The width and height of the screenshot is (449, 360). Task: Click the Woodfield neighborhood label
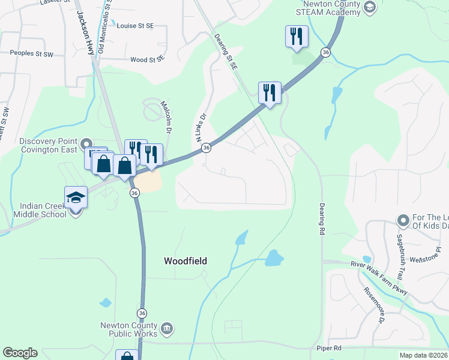click(x=185, y=261)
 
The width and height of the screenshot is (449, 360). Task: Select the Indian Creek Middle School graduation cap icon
click(x=76, y=197)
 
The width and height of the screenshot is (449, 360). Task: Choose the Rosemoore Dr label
click(x=373, y=305)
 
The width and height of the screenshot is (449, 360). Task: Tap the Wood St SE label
click(x=147, y=59)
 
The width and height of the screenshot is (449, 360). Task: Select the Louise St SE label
click(x=135, y=26)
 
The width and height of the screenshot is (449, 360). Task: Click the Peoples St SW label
click(x=32, y=54)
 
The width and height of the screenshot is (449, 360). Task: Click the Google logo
click(x=20, y=353)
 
